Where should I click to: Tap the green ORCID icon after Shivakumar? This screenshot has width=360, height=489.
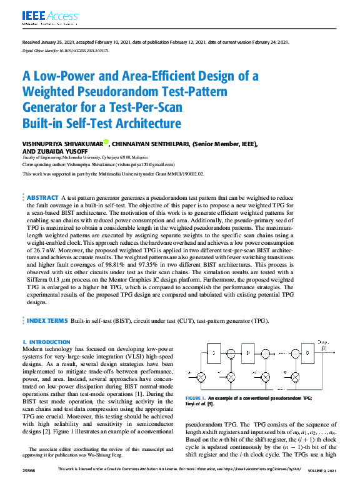[x=106, y=142]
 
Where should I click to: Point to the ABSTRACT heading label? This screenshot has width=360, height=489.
[x=42, y=197]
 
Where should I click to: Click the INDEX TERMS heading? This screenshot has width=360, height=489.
[x=47, y=320]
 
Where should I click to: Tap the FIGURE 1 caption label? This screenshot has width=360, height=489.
[x=195, y=398]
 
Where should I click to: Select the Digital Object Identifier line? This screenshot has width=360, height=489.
[x=65, y=48]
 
